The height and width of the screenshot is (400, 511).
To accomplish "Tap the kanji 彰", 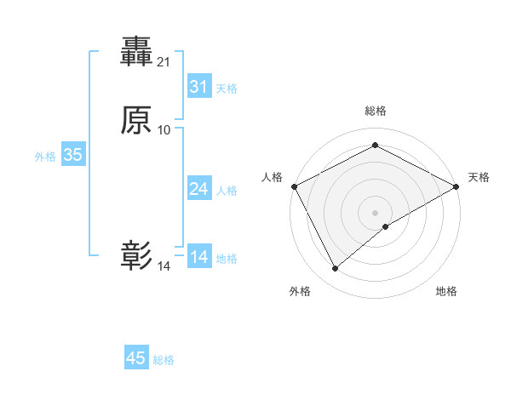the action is (137, 255).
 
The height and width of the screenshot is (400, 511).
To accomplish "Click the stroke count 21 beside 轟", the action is (164, 62).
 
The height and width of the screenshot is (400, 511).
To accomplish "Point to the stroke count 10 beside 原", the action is (164, 129).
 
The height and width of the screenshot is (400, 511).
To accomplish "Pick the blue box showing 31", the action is (198, 86).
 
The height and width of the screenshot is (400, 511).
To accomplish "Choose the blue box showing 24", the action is (198, 188).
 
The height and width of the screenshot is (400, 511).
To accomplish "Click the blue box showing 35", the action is (72, 155).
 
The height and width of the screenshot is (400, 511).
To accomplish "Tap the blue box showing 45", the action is (136, 358).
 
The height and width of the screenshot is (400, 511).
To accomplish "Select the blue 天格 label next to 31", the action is (227, 89).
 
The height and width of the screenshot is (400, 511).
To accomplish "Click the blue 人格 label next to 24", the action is (227, 191).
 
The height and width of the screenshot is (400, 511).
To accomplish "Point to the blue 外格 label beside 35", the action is (45, 157).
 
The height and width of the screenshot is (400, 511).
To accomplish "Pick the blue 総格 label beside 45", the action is (164, 360).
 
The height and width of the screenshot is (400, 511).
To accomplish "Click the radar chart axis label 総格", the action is (376, 111).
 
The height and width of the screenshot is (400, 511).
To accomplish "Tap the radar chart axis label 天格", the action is (479, 177).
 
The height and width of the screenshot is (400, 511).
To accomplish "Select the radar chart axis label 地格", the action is (446, 291).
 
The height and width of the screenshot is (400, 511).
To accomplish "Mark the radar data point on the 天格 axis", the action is (457, 186).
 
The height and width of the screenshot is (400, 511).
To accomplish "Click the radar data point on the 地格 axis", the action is (386, 226).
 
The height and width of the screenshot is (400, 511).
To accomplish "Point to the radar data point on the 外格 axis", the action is (336, 269).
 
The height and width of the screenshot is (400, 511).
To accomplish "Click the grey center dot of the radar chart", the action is (376, 212).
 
